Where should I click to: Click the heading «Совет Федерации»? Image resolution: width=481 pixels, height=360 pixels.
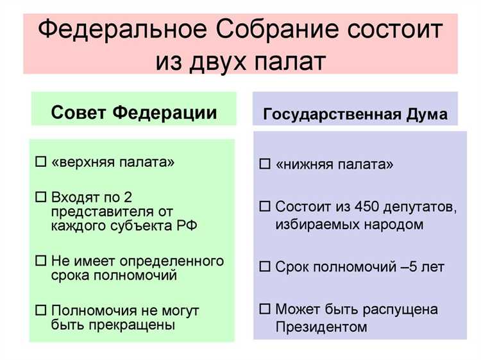133,113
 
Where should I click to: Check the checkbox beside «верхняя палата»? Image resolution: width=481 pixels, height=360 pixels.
41,162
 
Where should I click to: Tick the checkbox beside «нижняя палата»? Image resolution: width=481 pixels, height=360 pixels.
264,164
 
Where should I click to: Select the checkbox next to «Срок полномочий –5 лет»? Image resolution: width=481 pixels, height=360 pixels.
264,266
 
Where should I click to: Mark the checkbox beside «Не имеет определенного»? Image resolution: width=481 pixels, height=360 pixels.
41,261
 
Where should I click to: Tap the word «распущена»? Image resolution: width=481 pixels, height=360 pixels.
419,309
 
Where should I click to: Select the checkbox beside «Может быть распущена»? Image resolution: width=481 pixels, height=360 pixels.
264,309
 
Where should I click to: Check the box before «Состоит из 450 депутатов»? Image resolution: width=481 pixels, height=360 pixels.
264,207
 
